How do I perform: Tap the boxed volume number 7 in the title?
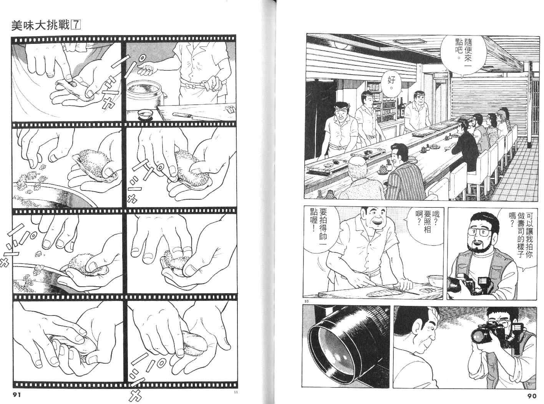pyautogui.click(x=76, y=25)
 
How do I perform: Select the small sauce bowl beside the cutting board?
pyautogui.click(x=145, y=114)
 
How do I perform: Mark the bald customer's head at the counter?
pyautogui.click(x=357, y=167)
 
